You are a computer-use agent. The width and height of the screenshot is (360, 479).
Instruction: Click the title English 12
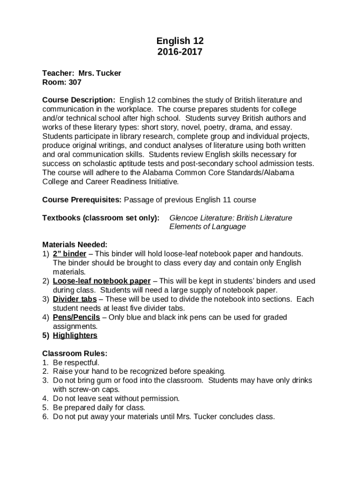180,41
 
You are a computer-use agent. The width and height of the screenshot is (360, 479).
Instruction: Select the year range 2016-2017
180,52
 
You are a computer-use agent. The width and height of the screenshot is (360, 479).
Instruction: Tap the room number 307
75,82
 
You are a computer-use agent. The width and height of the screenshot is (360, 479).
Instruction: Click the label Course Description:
79,100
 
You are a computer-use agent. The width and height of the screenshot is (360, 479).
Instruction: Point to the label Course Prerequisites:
82,200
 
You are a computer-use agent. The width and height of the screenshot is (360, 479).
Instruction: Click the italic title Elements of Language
207,227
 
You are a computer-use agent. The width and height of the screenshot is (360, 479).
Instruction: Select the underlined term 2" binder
70,254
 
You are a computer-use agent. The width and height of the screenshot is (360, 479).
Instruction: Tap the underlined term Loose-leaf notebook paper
101,281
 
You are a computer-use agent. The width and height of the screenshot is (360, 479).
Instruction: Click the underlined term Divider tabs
75,299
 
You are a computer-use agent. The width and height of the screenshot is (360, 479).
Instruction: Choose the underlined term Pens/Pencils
76,317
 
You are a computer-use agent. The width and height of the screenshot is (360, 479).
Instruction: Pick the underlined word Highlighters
75,335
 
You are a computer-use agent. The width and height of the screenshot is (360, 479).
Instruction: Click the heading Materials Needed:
75,245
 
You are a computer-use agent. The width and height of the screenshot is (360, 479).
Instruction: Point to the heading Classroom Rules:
75,354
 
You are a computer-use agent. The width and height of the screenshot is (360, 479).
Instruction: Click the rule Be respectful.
76,363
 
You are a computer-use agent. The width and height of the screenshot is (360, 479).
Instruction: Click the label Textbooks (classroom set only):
101,218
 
